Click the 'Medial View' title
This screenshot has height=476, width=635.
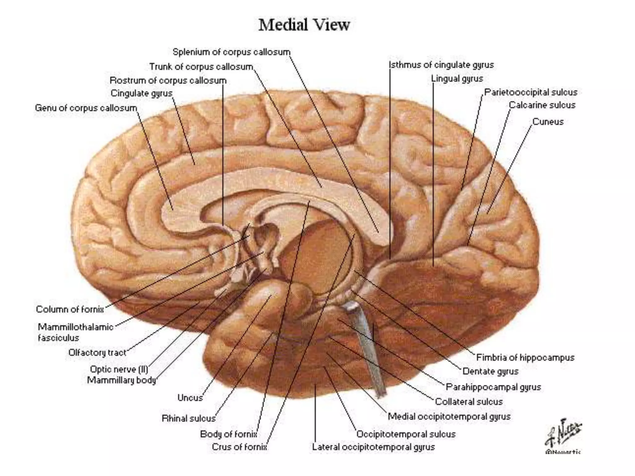[x=304, y=25]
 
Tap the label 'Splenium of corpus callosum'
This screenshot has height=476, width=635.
[x=231, y=52]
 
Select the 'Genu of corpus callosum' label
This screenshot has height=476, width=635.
[x=86, y=108]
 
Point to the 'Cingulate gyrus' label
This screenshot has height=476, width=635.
[x=141, y=93]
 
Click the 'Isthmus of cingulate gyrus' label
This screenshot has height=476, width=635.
[x=441, y=65]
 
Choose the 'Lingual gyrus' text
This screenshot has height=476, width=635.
[x=457, y=79]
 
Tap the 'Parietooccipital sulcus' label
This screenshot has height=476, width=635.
[x=531, y=92]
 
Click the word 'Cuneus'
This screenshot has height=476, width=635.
[x=548, y=121]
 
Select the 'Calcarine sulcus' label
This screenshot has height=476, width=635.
[x=542, y=105]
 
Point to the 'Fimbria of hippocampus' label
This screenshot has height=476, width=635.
[x=525, y=357]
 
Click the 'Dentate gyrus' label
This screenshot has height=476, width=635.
[x=490, y=371]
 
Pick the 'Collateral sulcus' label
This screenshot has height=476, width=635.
[x=468, y=402]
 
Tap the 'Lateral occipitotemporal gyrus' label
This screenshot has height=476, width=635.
[x=373, y=447]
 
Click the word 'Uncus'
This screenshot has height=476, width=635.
[x=190, y=398]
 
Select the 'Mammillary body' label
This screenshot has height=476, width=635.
[x=121, y=380]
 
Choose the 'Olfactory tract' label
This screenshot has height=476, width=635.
[x=97, y=352]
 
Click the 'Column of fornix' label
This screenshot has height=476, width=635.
[x=70, y=309]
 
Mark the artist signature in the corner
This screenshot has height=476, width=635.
[x=563, y=435]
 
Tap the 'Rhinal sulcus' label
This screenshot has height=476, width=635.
[x=188, y=418]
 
